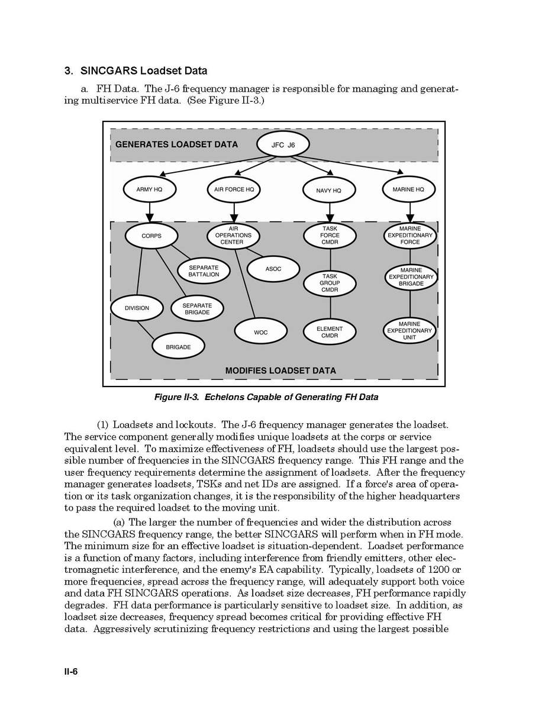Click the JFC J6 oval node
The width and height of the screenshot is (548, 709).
coord(283,144)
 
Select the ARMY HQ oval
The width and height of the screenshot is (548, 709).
coord(149,190)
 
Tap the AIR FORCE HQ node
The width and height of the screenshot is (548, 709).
coord(234,190)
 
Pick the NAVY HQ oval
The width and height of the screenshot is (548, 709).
coord(330,191)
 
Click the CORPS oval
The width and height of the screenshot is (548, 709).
coord(151,236)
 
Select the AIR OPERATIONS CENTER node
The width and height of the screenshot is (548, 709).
coord(233,235)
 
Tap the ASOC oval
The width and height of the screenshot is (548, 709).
coord(273,269)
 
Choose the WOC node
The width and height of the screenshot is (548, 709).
coord(261,332)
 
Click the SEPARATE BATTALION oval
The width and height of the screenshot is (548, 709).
coord(204,271)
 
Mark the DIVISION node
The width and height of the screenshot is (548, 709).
coord(137,308)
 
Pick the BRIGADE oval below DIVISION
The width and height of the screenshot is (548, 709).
coord(178,347)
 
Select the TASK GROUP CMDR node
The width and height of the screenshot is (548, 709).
coord(330,283)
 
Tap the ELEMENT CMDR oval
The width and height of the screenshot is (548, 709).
coord(330,332)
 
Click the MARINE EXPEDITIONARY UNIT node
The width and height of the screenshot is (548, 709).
coord(410,331)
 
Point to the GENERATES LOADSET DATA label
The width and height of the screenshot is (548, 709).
coord(176,144)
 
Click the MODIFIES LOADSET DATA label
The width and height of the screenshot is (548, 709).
coord(280,370)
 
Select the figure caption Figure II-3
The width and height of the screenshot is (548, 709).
coord(266,397)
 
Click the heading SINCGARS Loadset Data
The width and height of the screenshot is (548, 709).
coord(136,71)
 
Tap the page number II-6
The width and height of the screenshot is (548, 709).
coord(71,672)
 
